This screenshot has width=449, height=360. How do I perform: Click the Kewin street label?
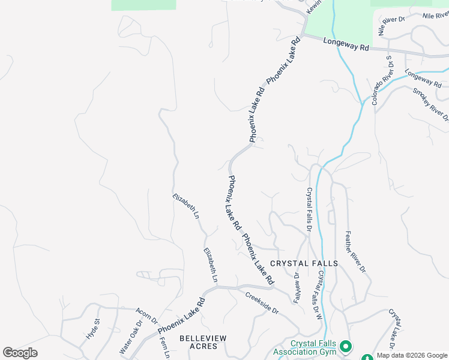click(x=314, y=7)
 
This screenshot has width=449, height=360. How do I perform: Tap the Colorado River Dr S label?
click(x=382, y=80)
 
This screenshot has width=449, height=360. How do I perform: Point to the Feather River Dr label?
click(x=355, y=251)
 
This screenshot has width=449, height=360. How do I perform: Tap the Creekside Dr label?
click(x=262, y=302)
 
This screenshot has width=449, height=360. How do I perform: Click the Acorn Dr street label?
click(x=146, y=316)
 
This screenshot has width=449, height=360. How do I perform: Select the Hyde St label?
click(x=92, y=330)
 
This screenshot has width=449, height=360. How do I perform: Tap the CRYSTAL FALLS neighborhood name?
click(x=304, y=263)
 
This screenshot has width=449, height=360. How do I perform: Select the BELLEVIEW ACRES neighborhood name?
click(x=203, y=343)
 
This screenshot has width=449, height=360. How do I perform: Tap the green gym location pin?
click(x=346, y=347)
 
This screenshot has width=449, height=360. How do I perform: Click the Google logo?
click(x=20, y=353)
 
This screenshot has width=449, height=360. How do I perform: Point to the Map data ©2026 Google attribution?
click(x=412, y=355)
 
